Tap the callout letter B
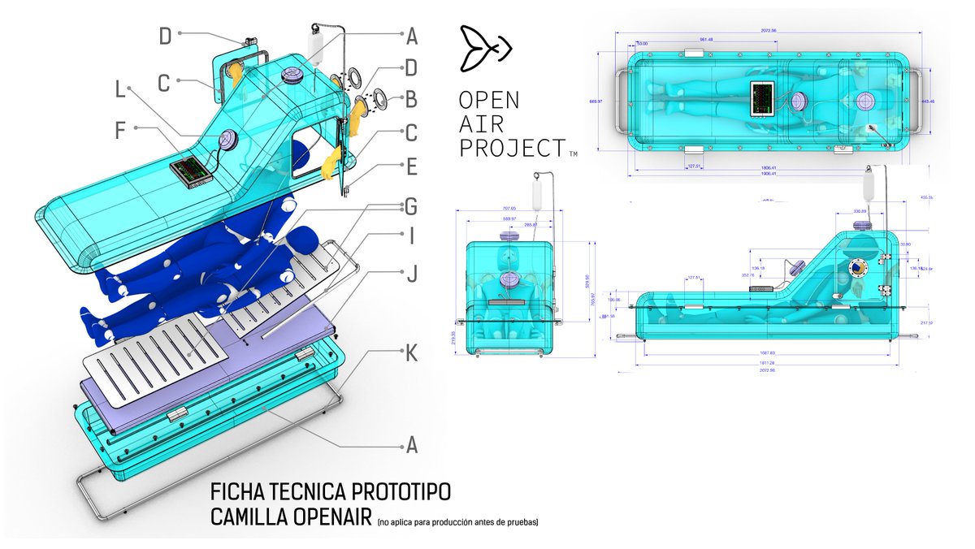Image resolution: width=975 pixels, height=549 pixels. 411,102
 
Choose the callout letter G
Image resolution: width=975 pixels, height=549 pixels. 411,207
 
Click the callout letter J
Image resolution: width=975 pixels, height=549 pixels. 411,274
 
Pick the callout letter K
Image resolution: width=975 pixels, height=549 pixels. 411,353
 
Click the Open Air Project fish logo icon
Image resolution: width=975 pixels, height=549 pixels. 485,48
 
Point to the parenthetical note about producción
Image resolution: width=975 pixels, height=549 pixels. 457,521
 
